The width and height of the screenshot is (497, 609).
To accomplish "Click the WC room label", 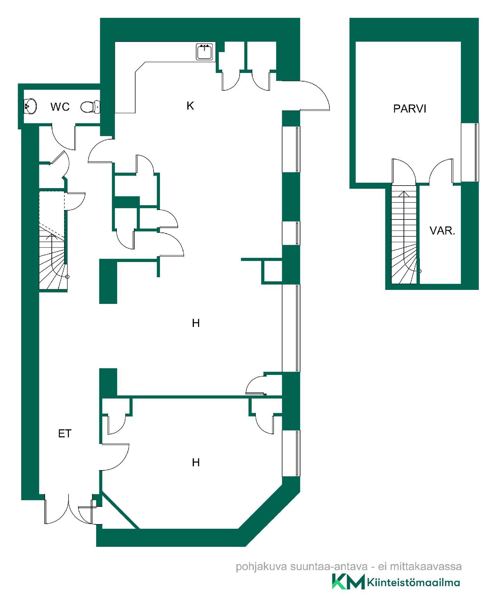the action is tap(60, 107).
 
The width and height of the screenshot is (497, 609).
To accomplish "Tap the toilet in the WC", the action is tap(90, 107).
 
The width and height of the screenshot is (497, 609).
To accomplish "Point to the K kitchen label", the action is tap(190, 106).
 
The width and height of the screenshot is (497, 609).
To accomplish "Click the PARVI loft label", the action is tap(409, 109).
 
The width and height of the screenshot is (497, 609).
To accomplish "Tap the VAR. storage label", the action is tap(442, 231).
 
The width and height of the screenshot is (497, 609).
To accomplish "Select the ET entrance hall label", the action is tap(65, 434).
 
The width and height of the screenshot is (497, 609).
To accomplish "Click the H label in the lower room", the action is tap(196, 463).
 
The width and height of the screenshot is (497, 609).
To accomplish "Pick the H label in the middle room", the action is tap(196, 323).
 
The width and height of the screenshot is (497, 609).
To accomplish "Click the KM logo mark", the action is tap(348, 582).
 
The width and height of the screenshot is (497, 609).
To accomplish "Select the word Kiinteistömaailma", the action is tap(414, 583).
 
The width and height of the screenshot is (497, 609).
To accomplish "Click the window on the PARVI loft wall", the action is tap(470, 152).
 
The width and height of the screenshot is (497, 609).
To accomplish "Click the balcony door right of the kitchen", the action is tap(314, 95).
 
